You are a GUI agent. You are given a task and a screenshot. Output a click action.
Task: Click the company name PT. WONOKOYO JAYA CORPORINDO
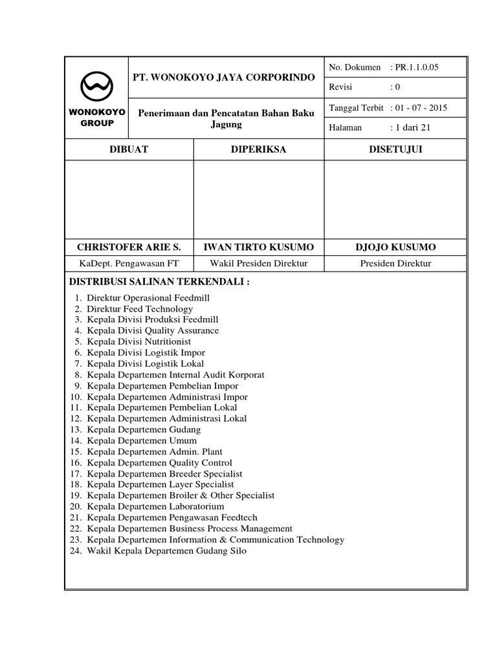[x=224, y=77]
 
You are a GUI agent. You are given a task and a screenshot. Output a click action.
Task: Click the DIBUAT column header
[x=129, y=149]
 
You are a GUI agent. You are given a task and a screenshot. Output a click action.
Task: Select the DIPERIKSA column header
[x=258, y=149]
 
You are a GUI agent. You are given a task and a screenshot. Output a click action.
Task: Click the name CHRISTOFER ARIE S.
[x=129, y=248]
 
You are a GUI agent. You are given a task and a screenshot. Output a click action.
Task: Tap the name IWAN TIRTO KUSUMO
[x=258, y=248]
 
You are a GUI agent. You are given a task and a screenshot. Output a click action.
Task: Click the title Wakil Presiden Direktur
[x=258, y=263]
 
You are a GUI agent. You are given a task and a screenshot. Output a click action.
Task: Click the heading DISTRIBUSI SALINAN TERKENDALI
[x=159, y=282]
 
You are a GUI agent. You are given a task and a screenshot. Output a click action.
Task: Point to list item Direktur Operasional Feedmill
[x=148, y=298]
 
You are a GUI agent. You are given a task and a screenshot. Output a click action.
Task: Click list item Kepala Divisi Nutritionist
[x=139, y=341]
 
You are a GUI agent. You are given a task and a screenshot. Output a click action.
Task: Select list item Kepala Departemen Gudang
[x=144, y=429]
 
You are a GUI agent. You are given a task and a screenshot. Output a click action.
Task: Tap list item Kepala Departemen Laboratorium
[x=155, y=506]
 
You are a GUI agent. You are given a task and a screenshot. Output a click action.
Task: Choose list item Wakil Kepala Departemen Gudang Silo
[x=166, y=550]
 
